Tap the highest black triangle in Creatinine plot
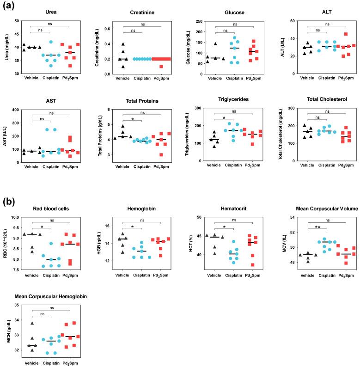point(123,44)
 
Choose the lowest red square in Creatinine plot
point(160,67)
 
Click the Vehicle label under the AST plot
point(31,166)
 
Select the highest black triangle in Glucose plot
point(215,44)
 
